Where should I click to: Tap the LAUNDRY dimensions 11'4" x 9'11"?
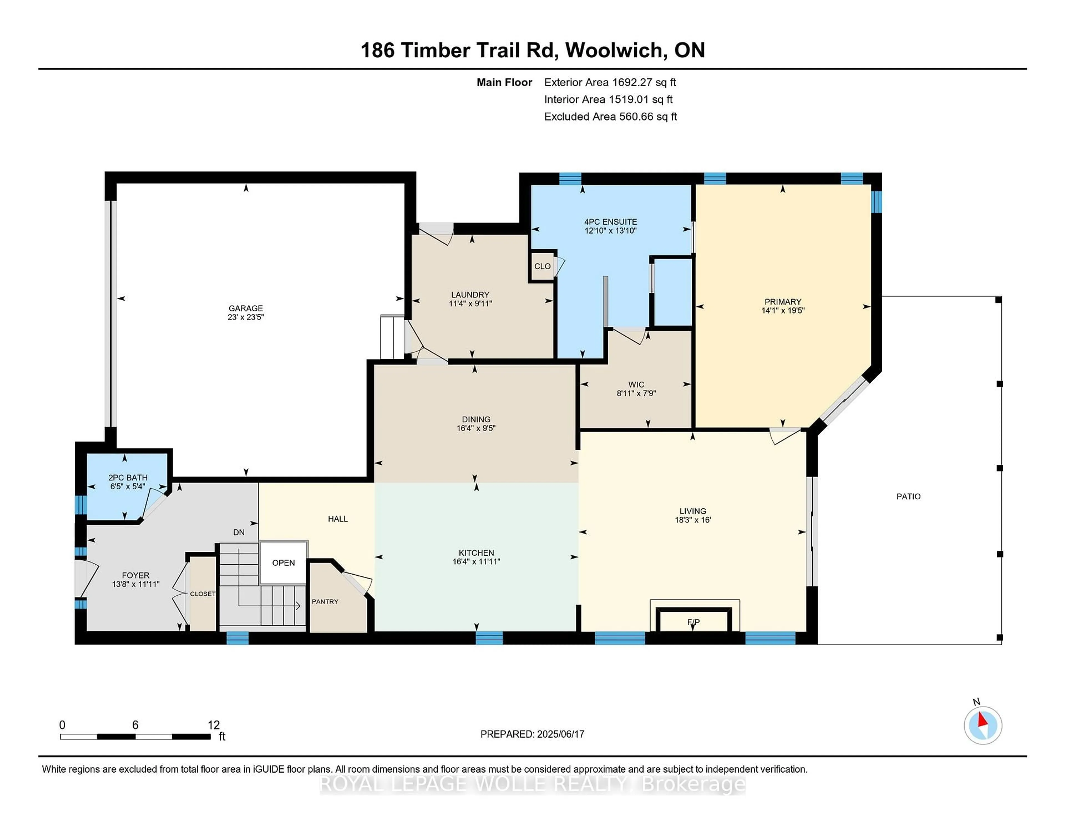[470, 304]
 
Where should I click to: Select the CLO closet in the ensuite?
[542, 266]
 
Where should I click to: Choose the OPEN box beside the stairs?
[283, 563]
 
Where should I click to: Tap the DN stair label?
[239, 532]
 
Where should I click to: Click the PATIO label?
[908, 496]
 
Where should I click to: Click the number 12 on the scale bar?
[214, 725]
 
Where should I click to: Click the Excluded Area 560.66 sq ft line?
[610, 116]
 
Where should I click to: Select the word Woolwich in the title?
[616, 50]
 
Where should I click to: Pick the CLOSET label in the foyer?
[202, 594]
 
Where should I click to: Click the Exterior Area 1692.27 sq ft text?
[610, 82]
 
